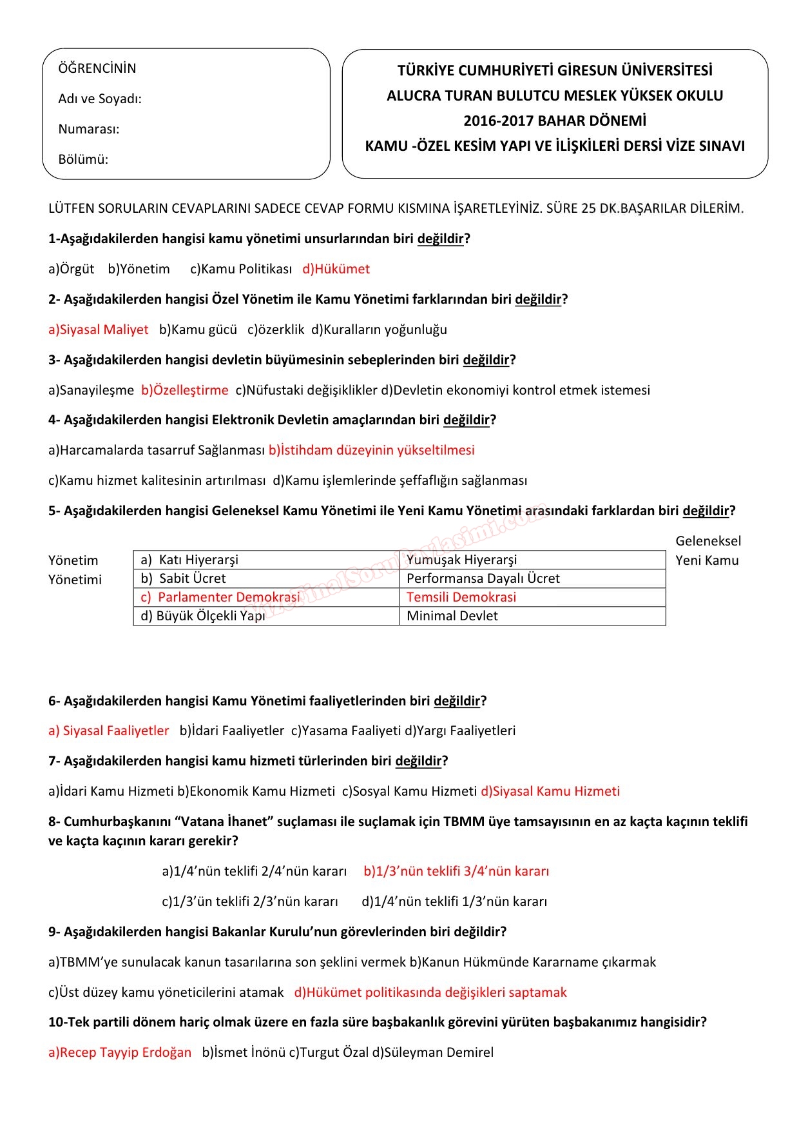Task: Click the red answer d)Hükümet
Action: click(336, 269)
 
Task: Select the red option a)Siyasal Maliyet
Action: click(99, 329)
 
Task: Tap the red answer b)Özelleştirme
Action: click(185, 390)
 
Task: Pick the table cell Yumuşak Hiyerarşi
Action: click(461, 560)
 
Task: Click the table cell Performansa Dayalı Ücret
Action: click(483, 578)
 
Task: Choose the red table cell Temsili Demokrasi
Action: click(461, 597)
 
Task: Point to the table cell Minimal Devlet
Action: click(452, 616)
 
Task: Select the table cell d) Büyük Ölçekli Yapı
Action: click(203, 616)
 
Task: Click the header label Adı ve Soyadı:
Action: click(100, 99)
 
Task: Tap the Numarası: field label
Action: click(89, 129)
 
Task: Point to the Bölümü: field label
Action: click(83, 159)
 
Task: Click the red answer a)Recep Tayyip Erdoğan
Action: click(120, 1052)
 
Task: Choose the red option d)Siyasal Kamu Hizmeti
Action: click(550, 791)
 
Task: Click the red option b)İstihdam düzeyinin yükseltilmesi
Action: click(372, 450)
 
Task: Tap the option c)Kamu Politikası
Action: click(241, 269)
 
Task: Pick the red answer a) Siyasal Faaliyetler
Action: click(109, 731)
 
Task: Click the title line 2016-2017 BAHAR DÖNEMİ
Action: click(555, 121)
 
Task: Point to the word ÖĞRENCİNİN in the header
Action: click(97, 68)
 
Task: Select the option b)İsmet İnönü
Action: click(244, 1052)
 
